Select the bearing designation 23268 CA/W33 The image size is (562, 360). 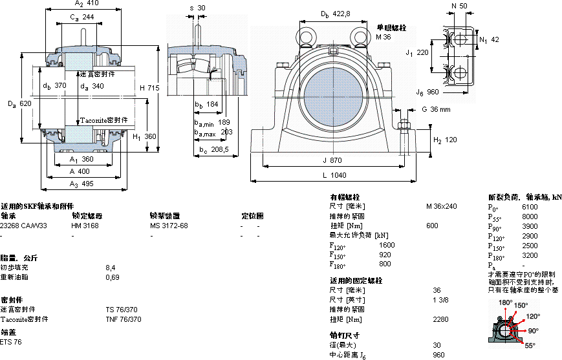coord(24,226)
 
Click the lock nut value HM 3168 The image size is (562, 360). coord(85,226)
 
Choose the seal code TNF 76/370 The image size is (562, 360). coord(123,319)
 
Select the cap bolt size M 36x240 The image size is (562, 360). coord(441,206)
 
